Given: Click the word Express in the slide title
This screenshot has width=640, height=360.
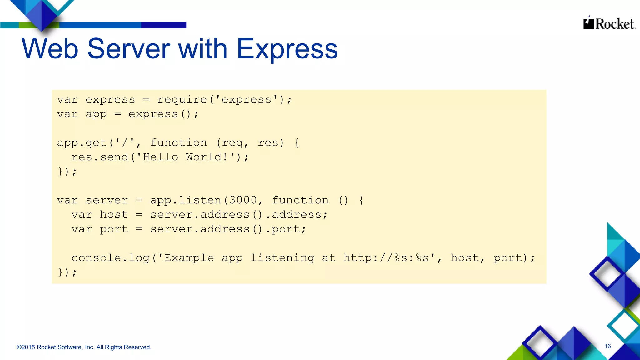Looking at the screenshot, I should pos(287,49).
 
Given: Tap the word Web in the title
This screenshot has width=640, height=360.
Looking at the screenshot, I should pos(50,49).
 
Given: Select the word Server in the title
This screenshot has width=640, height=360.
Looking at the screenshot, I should pos(128,49).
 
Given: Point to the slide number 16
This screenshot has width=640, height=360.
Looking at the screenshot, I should pos(607,346).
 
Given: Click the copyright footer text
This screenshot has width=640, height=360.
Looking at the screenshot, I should pos(84,347).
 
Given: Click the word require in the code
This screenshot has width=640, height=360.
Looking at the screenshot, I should pos(182,100).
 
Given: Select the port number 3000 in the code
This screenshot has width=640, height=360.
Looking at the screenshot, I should pos(243,200).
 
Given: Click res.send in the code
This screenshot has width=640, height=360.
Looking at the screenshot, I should pos(100,157).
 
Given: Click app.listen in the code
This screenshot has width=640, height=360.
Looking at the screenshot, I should pos(185,200).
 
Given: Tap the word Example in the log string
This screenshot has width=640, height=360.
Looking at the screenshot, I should pos(189,258).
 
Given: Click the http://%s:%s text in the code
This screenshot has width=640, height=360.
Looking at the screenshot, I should pos(386,258).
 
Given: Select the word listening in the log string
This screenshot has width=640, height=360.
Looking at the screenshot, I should pos(282,258).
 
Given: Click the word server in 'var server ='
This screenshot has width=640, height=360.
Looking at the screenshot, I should pos(107,200).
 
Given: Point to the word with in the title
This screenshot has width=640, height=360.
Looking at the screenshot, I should pos(202,49).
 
